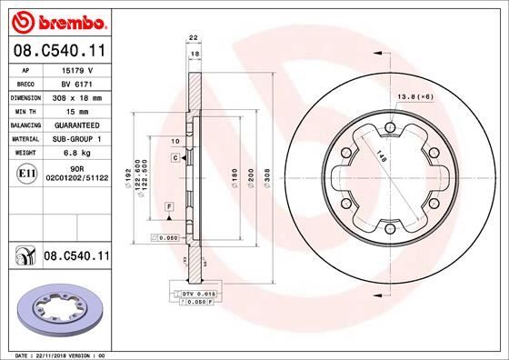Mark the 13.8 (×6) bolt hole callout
point(414,95)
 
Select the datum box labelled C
point(175,158)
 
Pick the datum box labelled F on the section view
point(169,208)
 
